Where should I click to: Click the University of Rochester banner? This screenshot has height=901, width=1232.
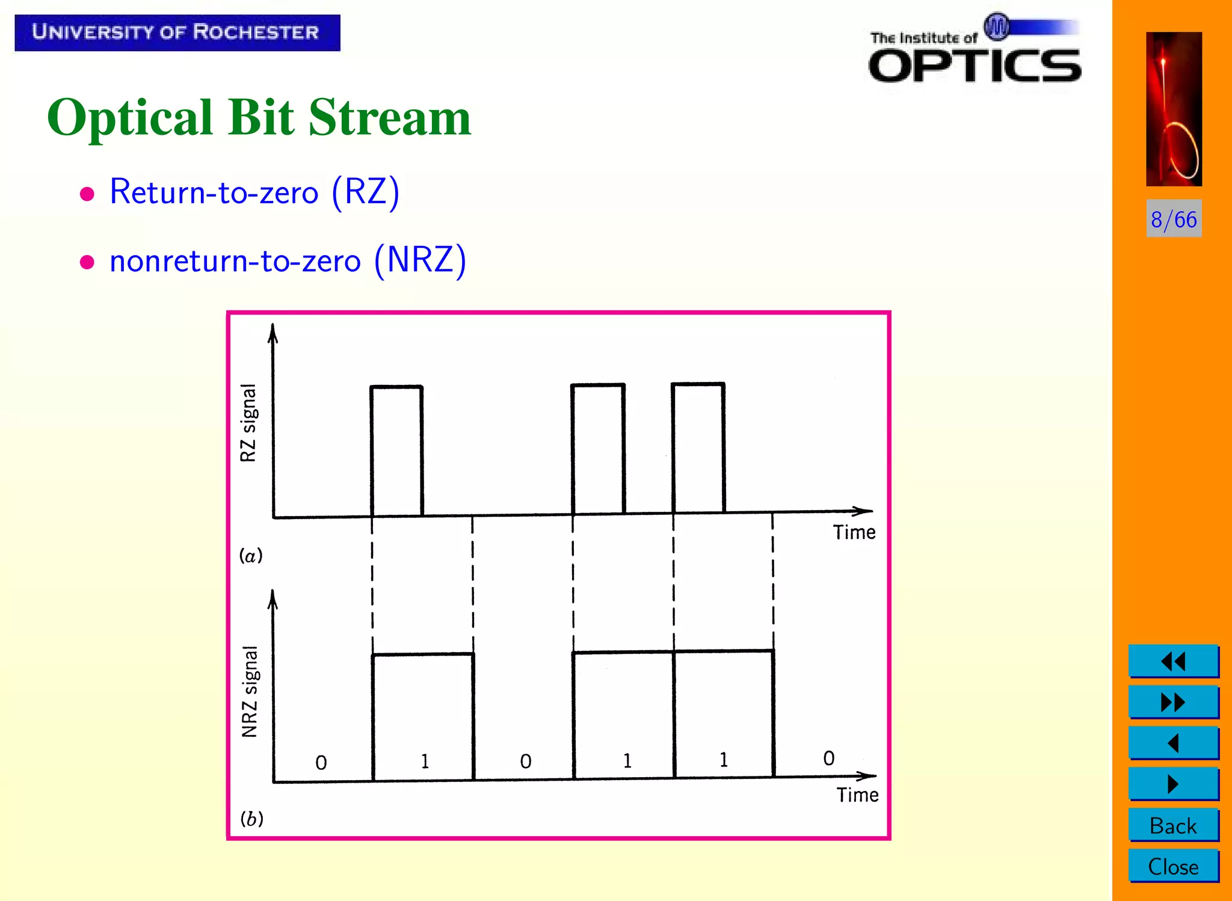click(x=177, y=32)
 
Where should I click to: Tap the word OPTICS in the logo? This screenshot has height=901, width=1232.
click(x=975, y=66)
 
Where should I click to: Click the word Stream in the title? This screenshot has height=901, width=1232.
click(x=389, y=117)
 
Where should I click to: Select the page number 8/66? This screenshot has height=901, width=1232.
click(x=1173, y=219)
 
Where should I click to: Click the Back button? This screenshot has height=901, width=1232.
click(x=1173, y=825)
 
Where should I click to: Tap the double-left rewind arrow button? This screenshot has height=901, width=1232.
click(x=1173, y=662)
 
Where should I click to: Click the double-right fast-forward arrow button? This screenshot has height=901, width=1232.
click(x=1173, y=702)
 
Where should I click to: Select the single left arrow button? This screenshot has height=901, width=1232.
click(x=1173, y=743)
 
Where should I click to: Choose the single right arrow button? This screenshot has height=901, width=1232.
click(x=1173, y=784)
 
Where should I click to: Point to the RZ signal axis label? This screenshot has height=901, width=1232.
click(x=248, y=422)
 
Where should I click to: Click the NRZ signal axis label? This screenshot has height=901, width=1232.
click(x=250, y=691)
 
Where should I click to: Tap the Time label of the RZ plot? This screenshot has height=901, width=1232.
click(x=854, y=532)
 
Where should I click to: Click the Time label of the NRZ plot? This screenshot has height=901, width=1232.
click(x=857, y=795)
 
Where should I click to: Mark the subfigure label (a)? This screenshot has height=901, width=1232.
click(x=251, y=555)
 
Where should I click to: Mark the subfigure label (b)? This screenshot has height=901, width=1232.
click(x=251, y=819)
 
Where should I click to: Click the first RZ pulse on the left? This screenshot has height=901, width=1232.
click(x=396, y=450)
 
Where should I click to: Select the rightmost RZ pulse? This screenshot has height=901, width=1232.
click(x=698, y=448)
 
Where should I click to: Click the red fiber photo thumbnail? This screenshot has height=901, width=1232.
click(x=1174, y=109)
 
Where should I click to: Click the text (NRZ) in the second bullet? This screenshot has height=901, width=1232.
click(x=420, y=260)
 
